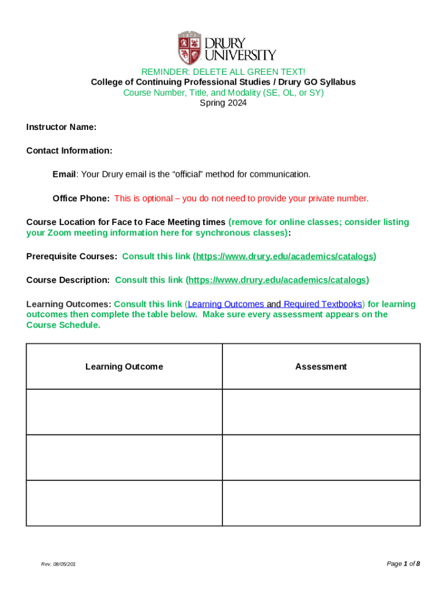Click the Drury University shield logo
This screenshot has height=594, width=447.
click(190, 48)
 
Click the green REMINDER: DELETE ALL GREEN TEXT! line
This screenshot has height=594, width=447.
click(223, 72)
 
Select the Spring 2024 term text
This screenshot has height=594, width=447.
click(223, 103)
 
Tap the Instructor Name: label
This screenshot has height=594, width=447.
click(62, 127)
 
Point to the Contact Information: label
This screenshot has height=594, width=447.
click(69, 151)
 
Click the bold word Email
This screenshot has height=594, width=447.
click(64, 175)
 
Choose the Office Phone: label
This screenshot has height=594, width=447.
click(81, 198)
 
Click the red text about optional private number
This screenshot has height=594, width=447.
click(241, 198)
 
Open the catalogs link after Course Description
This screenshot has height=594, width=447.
click(277, 280)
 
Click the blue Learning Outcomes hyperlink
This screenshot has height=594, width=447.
click(226, 304)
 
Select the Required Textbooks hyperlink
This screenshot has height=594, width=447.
click(323, 304)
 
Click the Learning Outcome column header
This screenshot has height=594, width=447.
click(124, 367)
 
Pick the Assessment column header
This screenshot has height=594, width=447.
click(321, 367)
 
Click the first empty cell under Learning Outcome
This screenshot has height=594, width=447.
click(124, 412)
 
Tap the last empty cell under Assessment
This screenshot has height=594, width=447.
click(321, 503)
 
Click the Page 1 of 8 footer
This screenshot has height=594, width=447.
click(403, 564)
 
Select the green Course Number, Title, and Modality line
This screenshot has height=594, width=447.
click(223, 93)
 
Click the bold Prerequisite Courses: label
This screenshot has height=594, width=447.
click(72, 256)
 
